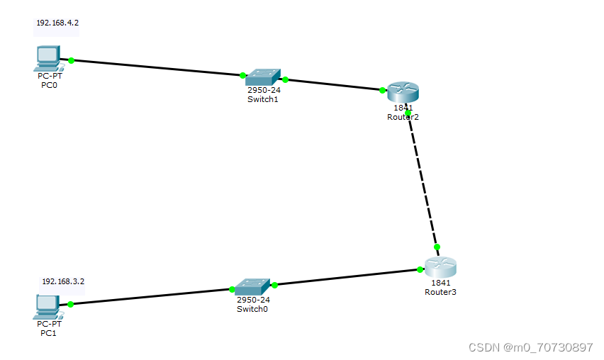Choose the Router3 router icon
point(440,268)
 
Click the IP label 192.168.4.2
point(57,23)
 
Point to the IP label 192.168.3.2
point(63,281)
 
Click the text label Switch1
point(262,99)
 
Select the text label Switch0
point(252,308)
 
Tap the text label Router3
point(440,291)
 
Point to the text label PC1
point(48,332)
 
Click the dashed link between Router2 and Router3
point(423,180)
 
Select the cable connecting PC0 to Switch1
point(156,68)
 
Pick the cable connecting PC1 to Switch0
point(151,297)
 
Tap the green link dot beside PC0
point(71,60)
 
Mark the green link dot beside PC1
point(71,304)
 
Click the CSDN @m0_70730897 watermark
point(530,347)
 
